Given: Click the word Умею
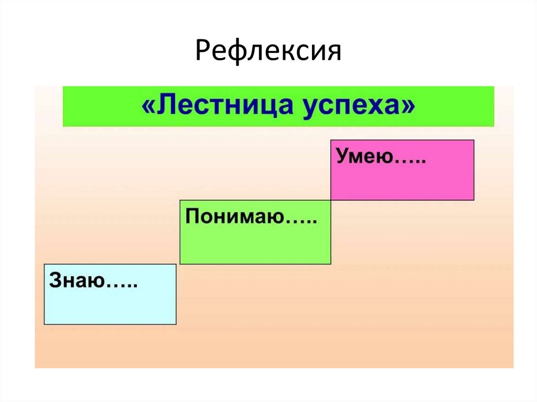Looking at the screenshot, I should pos(365,156).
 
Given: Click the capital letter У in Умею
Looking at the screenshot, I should pos(342,156).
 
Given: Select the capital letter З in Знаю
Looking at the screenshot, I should pos(55,280).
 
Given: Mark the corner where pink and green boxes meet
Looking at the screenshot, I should pos(331,200).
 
